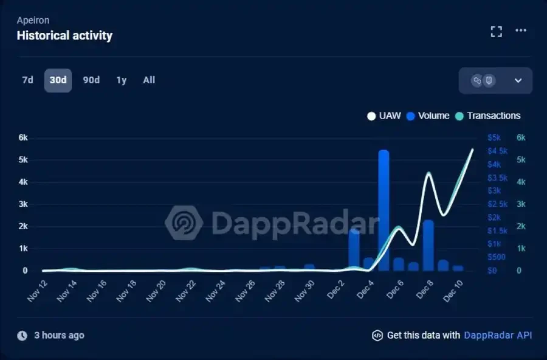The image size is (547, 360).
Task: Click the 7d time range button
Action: coord(27,80)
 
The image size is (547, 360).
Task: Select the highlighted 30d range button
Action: coord(58,80)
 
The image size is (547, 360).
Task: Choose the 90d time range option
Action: coord(91,80)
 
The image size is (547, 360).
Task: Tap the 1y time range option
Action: coord(122,80)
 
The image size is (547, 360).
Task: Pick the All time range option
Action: coord(149,80)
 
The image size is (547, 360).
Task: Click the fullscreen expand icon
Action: coord(497,32)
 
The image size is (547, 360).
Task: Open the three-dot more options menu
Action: coord(521,31)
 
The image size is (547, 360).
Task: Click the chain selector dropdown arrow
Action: coord(518,80)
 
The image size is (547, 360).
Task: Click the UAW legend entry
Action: coord(384,116)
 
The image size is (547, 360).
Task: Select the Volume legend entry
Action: coord(428,116)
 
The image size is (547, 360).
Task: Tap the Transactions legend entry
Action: coord(488,116)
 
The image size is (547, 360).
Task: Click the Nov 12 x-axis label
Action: coord(38,291)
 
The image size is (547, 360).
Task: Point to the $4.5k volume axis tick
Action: coord(497,151)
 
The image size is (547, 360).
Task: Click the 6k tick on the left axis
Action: coord(23,137)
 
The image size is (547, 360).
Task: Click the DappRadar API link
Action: coord(498,335)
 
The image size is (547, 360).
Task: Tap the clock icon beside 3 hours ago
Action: coord(22,336)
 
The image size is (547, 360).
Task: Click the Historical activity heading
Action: coord(64,35)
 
